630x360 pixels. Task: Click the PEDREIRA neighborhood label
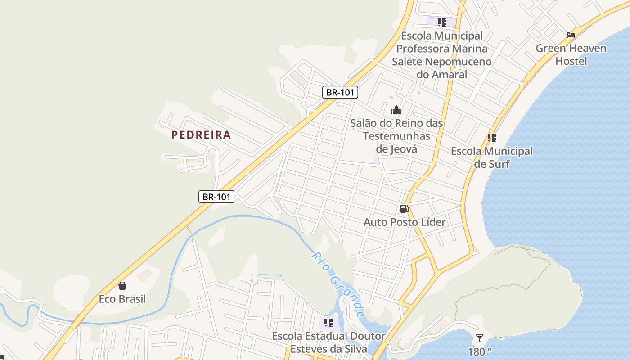(x=201, y=135)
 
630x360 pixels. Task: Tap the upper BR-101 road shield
(x=340, y=92)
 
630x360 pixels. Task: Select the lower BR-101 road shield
(x=216, y=197)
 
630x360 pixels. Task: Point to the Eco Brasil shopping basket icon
(x=122, y=285)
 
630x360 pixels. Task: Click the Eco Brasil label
(x=122, y=299)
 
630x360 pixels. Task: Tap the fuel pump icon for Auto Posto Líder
(x=404, y=209)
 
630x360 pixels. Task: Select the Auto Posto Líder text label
(x=405, y=222)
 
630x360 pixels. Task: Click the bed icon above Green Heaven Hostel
(x=571, y=35)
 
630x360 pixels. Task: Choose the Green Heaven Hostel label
(x=571, y=54)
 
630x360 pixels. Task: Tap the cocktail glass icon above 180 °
(x=480, y=338)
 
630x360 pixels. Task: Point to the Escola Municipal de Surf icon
(x=492, y=138)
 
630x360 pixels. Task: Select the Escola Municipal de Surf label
(x=492, y=157)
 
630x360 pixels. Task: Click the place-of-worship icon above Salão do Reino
(x=396, y=109)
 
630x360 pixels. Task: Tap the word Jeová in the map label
(x=403, y=149)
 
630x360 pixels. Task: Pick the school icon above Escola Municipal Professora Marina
(x=442, y=22)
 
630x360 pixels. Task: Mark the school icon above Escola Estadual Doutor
(x=328, y=323)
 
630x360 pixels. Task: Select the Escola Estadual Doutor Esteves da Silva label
(x=328, y=342)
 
